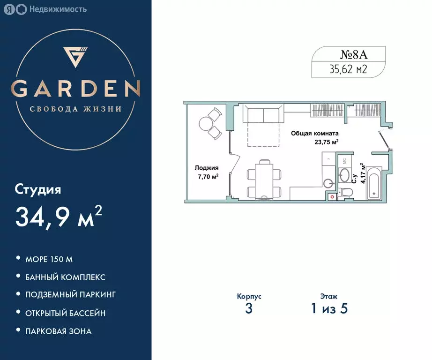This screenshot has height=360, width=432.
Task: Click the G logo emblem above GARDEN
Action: [x=75, y=57]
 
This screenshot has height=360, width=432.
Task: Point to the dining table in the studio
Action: [x=264, y=180]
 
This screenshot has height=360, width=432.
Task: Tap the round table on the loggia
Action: [x=206, y=124]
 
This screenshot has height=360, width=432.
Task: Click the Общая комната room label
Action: [x=315, y=133]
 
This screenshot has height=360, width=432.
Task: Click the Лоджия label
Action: [x=207, y=167]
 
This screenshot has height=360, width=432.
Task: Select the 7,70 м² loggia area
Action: [x=208, y=176]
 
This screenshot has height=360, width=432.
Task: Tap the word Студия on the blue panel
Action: [x=38, y=190]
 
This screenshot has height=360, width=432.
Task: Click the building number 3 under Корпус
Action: [x=248, y=309]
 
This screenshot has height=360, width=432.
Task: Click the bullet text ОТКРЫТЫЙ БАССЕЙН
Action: [x=65, y=313]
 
